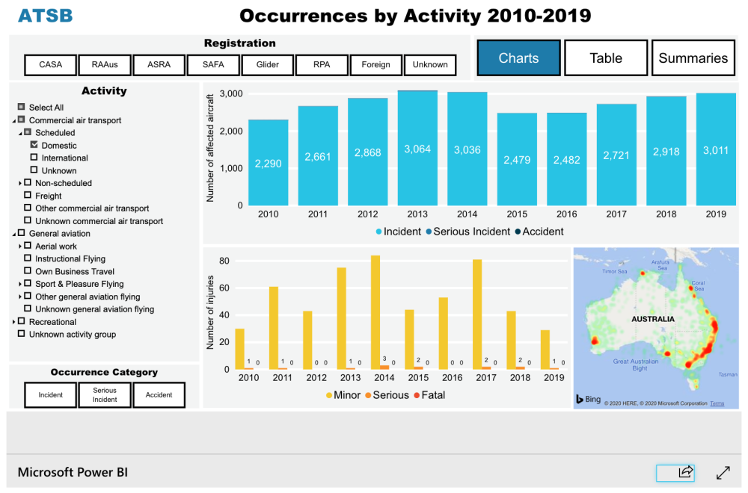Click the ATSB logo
point(45,16)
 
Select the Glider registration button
point(268,65)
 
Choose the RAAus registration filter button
point(105,65)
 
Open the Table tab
point(605,58)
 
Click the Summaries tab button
point(693,58)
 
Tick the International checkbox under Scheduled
point(34,158)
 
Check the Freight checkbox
point(28,196)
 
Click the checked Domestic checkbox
point(34,145)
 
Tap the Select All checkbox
point(22,108)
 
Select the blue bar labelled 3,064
point(417,149)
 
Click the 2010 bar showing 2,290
point(268,163)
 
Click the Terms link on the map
point(717,403)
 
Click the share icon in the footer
point(684,472)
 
